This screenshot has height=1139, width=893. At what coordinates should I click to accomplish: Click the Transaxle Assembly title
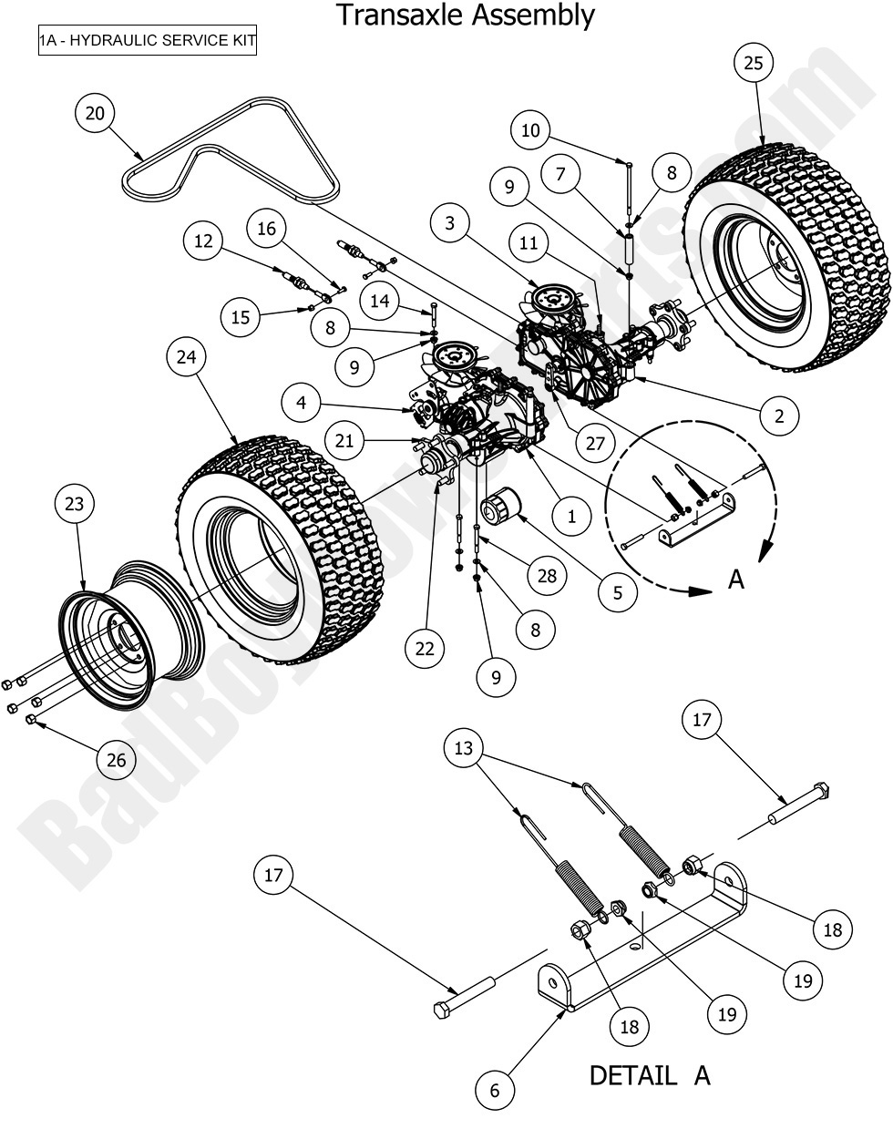click(x=465, y=15)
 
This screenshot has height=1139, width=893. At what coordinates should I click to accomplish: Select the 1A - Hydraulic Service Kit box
click(x=147, y=41)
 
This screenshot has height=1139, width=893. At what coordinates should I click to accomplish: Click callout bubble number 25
click(x=753, y=63)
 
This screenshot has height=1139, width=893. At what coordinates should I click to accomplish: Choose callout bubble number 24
click(x=186, y=358)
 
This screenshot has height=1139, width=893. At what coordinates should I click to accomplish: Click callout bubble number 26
click(x=117, y=760)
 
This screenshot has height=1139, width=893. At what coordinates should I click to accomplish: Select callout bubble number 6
click(x=495, y=1090)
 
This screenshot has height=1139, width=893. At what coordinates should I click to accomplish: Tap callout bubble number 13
click(x=464, y=748)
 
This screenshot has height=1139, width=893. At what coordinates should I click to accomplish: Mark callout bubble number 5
click(x=618, y=591)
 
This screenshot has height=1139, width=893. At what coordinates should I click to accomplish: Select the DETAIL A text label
click(x=649, y=1075)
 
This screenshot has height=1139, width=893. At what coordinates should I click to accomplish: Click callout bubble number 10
click(x=530, y=130)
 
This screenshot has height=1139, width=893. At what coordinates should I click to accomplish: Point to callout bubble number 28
click(x=546, y=576)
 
